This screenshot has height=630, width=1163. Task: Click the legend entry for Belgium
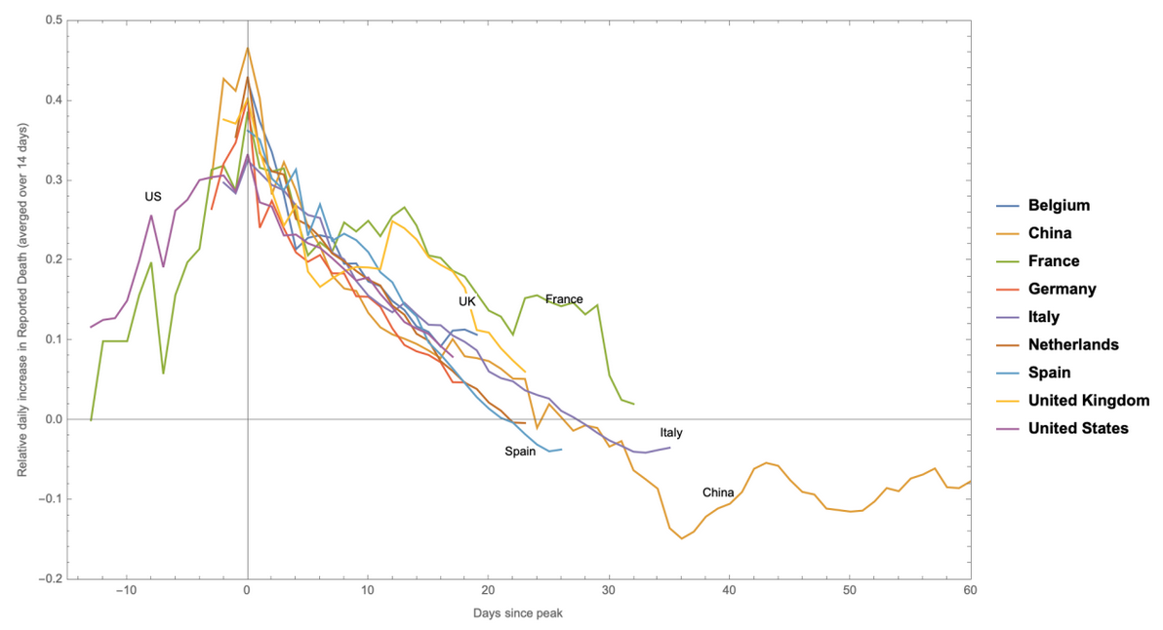coord(1059,206)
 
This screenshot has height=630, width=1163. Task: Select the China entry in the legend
coord(1050,233)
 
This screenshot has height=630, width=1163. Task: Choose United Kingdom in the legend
coord(1089,400)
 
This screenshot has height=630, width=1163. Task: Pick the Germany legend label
coord(1062,289)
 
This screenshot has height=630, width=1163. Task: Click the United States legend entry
coord(1078,428)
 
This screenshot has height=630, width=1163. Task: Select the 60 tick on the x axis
coord(970,591)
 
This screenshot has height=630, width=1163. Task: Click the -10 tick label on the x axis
coord(125,591)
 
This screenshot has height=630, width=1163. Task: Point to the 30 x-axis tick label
coord(609,591)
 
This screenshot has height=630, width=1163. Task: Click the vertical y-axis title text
coord(21,299)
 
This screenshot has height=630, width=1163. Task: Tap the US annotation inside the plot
coord(153,197)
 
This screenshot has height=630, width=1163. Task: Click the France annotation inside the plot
coord(564,298)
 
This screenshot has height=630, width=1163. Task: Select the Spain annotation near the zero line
coord(520,452)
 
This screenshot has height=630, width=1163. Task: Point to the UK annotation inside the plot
coord(467,301)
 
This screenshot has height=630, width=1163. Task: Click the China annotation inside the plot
coord(718,492)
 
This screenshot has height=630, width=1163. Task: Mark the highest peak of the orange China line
coord(248,47)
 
